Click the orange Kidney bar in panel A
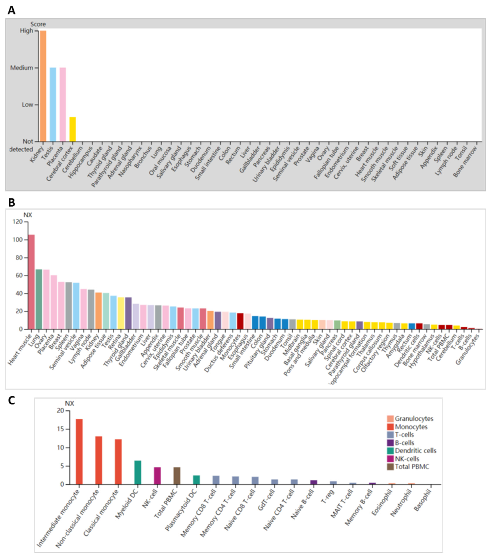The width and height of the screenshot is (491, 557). tap(43, 86)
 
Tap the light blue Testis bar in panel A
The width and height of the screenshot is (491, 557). tap(53, 104)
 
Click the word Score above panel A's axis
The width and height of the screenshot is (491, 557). tap(38, 24)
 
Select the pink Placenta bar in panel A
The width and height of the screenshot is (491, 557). tap(63, 104)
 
